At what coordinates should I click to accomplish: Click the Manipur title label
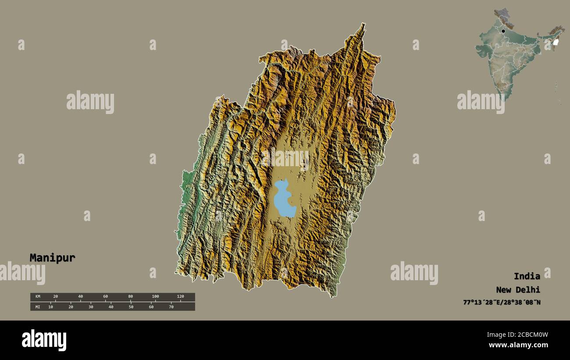(x=52, y=258)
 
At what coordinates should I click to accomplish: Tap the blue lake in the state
(x=284, y=200)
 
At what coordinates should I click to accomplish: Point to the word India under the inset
(x=527, y=276)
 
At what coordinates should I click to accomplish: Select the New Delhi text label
(x=518, y=290)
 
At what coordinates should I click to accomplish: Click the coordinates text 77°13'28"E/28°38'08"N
(x=502, y=303)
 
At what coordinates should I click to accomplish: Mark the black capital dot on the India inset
(x=503, y=31)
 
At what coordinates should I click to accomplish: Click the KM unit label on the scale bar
(x=38, y=297)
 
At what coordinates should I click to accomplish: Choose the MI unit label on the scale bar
(x=38, y=307)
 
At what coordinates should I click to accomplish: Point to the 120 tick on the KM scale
(x=180, y=297)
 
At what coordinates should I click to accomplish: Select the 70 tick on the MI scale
(x=171, y=307)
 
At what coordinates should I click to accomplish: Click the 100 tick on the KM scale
(x=155, y=297)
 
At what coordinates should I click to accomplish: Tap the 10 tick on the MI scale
(x=50, y=307)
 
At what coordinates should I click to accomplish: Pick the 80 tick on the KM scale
(x=130, y=297)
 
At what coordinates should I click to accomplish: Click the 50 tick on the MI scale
(x=131, y=307)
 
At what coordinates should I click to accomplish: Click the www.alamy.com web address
(x=518, y=345)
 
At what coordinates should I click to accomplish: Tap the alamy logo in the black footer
(x=44, y=340)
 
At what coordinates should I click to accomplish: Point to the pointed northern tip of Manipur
(x=363, y=25)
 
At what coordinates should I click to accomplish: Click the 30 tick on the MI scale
(x=91, y=307)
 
